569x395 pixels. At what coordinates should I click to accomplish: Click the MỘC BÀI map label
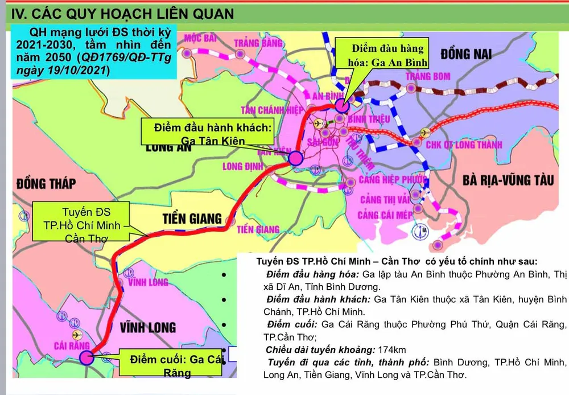pos(199,38)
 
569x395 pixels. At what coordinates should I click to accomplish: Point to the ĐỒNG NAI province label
pos(465,54)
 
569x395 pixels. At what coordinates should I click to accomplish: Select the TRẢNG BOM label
pos(428,76)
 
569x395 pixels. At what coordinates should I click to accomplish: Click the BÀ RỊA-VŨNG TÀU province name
pos(508,180)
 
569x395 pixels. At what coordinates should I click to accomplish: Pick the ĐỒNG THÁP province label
pos(46,183)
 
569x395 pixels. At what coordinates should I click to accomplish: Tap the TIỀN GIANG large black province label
pos(192,218)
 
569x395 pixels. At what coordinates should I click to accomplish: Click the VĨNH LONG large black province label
pos(148,327)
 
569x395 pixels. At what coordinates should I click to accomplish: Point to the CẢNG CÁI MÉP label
pos(385,215)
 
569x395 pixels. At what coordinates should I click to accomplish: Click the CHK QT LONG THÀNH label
pos(464,145)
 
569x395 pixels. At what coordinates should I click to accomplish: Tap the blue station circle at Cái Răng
pos(86,357)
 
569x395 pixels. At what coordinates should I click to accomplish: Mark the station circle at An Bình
pos(342,105)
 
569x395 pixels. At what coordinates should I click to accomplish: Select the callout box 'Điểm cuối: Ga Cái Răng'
pos(174,365)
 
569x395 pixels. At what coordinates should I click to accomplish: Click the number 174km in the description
pos(390,349)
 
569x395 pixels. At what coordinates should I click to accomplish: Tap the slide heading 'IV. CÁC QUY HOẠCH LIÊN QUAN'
pos(123,13)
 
